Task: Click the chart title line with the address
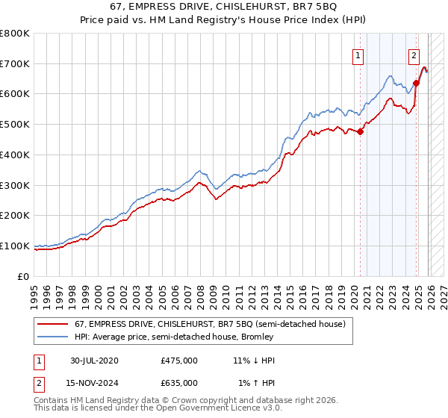tap(224, 7)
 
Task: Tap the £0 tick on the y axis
tap(24, 276)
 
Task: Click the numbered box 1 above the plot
tap(358, 54)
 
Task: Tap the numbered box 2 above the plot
tap(414, 54)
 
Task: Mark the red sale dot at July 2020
tap(360, 132)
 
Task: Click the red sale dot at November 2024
tap(417, 84)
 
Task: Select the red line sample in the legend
tap(52, 325)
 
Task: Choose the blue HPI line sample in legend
tap(52, 337)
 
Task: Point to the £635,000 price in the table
tap(179, 382)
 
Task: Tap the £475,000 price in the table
tap(179, 361)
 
